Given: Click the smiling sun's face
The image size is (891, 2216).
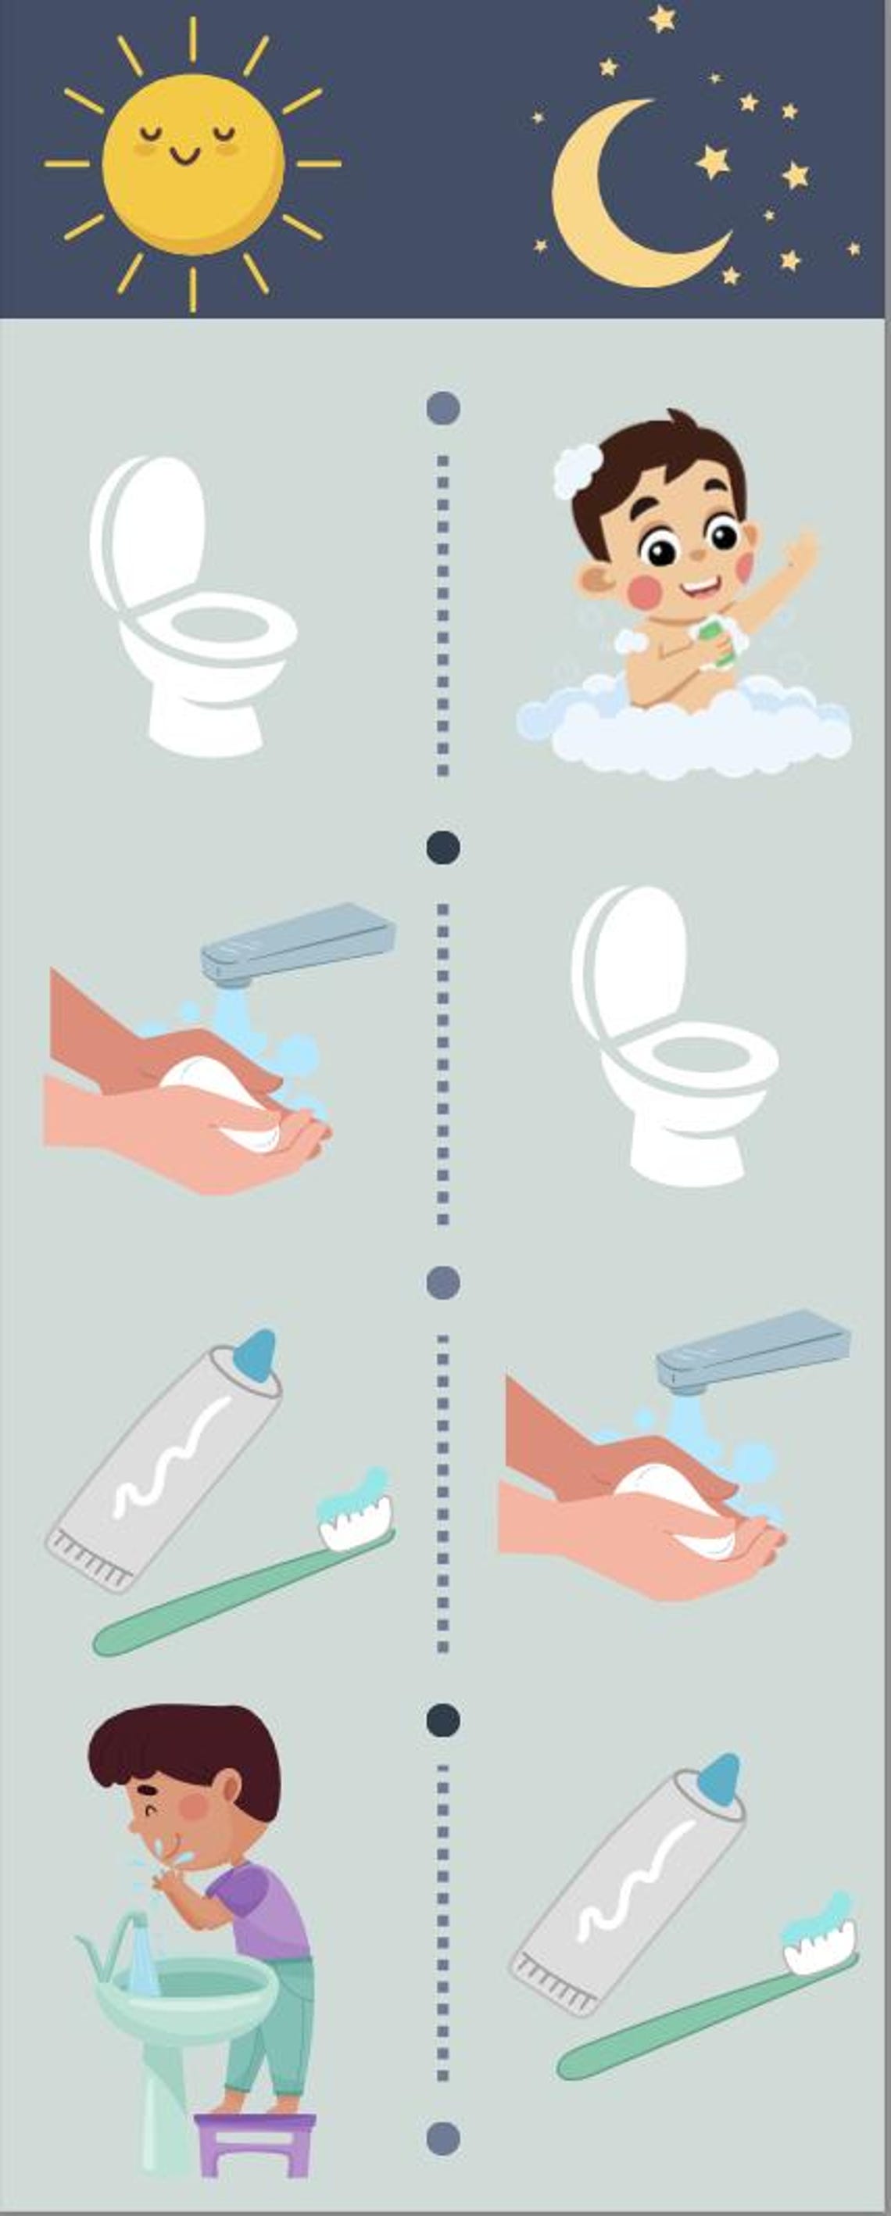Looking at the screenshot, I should pos(191,163).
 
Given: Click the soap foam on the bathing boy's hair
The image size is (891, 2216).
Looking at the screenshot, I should pos(577,470).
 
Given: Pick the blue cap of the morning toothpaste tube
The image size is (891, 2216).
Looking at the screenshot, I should pos(256,1355).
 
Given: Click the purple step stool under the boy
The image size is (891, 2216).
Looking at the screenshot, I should pos(255,2142).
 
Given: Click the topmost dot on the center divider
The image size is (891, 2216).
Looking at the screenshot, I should pos(443,407).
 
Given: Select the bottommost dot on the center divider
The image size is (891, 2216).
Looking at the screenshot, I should pos(443,2138).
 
